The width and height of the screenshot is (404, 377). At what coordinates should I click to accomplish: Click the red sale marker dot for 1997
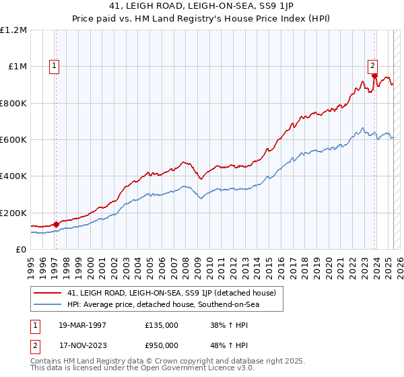pyautogui.click(x=56, y=225)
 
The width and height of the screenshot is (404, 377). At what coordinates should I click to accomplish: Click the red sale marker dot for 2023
pyautogui.click(x=374, y=76)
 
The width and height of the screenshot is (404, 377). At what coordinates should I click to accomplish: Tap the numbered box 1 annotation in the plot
pyautogui.click(x=54, y=66)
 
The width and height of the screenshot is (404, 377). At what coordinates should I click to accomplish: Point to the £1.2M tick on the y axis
pyautogui.click(x=13, y=30)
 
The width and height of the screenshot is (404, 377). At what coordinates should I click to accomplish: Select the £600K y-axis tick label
pyautogui.click(x=13, y=140)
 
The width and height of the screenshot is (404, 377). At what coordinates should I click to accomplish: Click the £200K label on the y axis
pyautogui.click(x=13, y=213)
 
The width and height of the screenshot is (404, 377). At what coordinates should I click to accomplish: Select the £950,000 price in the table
pyautogui.click(x=162, y=345)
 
